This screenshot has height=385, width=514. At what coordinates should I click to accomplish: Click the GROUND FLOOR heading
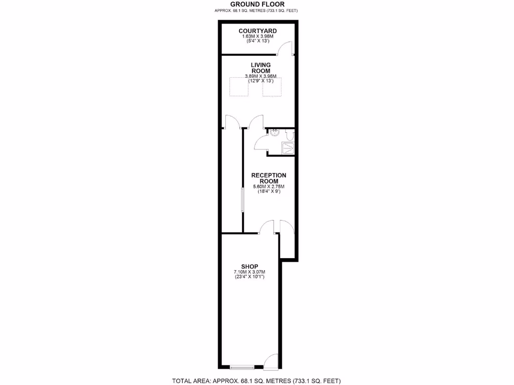click(258, 4)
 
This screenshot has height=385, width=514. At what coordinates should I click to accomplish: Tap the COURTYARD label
click(258, 31)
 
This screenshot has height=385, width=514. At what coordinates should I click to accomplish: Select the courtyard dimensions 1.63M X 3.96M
click(258, 37)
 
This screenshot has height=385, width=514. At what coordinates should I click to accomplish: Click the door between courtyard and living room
click(285, 48)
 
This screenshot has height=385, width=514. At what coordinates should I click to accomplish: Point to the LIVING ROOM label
click(261, 68)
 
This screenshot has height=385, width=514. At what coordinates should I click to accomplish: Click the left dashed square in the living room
click(239, 86)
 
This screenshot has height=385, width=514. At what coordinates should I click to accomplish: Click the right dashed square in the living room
click(272, 86)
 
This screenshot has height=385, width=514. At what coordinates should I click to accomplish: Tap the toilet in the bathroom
click(289, 135)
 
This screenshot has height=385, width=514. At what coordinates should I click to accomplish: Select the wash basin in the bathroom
click(274, 133)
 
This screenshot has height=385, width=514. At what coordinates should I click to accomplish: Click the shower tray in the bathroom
click(288, 147)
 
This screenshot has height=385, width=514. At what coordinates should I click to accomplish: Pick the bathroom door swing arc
click(261, 143)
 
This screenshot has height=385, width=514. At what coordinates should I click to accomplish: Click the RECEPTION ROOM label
click(269, 178)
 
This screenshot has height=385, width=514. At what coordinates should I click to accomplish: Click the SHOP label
click(249, 266)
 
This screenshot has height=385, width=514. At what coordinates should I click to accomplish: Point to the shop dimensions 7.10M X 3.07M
click(249, 272)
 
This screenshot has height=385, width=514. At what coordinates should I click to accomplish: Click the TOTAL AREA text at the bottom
click(257, 380)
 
